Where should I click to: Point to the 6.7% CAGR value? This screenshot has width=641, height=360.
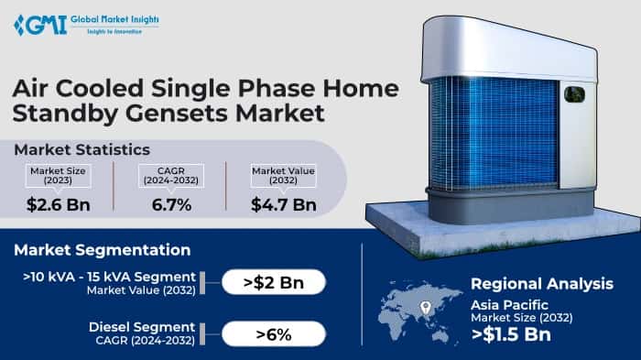171,203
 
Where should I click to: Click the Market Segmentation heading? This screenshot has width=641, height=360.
102,249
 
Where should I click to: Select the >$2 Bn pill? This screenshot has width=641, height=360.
273,282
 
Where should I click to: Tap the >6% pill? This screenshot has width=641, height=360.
273,333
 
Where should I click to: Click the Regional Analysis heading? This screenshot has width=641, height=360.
542,284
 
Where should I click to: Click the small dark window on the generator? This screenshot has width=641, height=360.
575,93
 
